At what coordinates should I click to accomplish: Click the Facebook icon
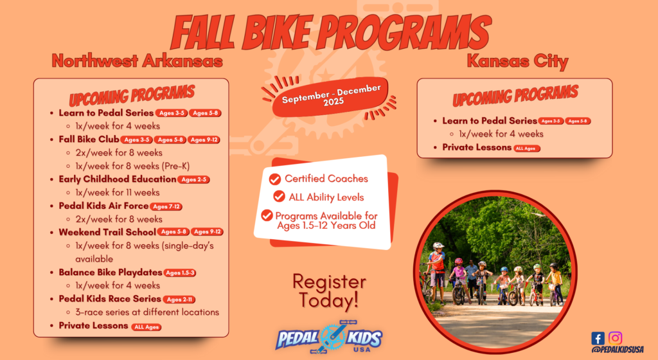[598, 338]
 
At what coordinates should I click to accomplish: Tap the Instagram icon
[615, 337]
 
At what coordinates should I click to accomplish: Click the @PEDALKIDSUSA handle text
[618, 350]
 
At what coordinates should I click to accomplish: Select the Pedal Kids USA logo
[329, 337]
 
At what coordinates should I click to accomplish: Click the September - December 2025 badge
[331, 97]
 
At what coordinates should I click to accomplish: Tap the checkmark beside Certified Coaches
[275, 179]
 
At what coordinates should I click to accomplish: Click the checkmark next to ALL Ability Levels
[279, 196]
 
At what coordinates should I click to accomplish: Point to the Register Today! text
[329, 291]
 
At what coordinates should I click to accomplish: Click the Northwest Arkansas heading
[138, 61]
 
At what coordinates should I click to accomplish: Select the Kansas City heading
[517, 61]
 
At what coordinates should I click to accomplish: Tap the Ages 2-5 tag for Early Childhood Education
[193, 179]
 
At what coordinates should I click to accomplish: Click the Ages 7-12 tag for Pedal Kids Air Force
[166, 206]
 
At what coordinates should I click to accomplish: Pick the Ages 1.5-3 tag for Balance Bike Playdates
[180, 273]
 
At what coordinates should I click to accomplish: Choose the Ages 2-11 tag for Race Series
[179, 300]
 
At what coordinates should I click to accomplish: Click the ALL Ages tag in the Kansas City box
[527, 148]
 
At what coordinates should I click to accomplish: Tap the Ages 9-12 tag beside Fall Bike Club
[204, 139]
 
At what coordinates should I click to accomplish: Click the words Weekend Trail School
[107, 232]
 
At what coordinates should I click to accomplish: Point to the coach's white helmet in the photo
[438, 246]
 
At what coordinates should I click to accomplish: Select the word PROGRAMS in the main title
[404, 32]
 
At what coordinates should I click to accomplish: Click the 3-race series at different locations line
[147, 312]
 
